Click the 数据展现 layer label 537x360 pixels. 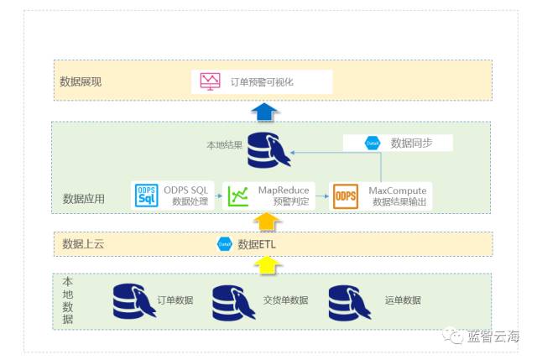click(81, 81)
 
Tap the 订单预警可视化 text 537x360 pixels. click(262, 81)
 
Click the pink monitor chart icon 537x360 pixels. click(210, 81)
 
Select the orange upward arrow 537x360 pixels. click(266, 222)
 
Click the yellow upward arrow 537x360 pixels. click(266, 265)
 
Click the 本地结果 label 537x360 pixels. click(224, 145)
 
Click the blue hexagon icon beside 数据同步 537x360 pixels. click(372, 143)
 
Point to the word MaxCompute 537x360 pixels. click(397, 190)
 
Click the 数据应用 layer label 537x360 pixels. click(84, 199)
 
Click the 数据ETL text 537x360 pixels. click(260, 244)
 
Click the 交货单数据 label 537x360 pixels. click(285, 300)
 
